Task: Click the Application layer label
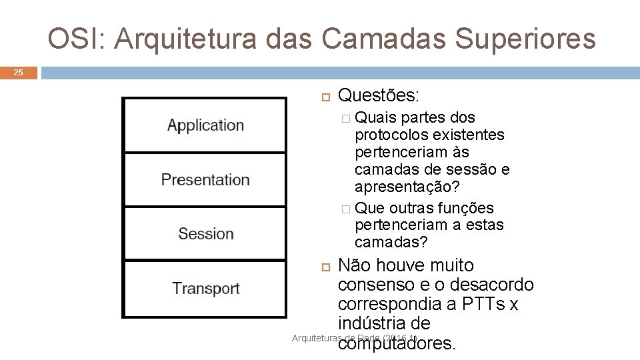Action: (x=205, y=125)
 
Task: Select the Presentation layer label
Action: (x=205, y=180)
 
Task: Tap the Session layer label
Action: (x=205, y=234)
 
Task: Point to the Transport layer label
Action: (x=205, y=289)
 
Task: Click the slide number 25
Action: (x=19, y=73)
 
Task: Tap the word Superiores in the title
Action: (x=524, y=39)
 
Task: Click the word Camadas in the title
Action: (x=383, y=39)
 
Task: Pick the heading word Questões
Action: (x=379, y=95)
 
